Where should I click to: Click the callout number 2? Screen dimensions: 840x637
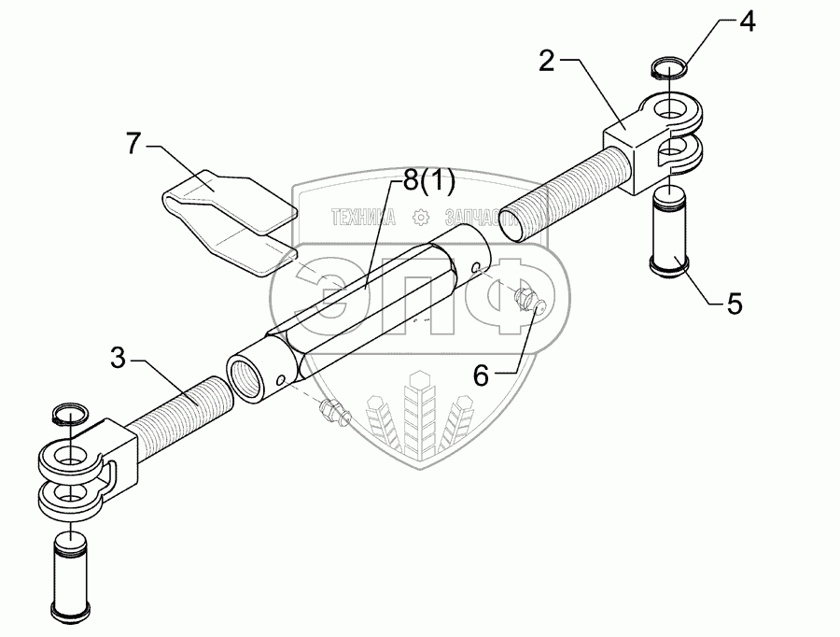pyautogui.click(x=548, y=63)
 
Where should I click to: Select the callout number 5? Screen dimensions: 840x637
pyautogui.click(x=734, y=304)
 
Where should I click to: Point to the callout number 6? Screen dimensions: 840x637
pyautogui.click(x=481, y=375)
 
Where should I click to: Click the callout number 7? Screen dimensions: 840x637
pyautogui.click(x=133, y=145)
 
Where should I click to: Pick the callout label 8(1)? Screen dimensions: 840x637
pyautogui.click(x=423, y=183)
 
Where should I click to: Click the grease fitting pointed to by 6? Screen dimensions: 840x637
pyautogui.click(x=526, y=301)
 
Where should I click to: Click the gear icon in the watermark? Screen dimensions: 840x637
pyautogui.click(x=421, y=219)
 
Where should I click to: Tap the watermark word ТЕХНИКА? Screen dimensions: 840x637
pyautogui.click(x=363, y=219)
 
